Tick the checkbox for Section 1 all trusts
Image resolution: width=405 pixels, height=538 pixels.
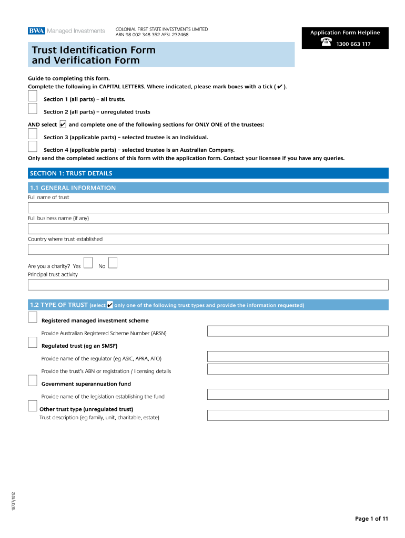tap(33, 96)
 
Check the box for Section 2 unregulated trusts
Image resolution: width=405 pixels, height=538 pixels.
tap(33, 109)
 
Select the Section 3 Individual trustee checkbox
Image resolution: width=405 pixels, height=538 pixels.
tap(33, 134)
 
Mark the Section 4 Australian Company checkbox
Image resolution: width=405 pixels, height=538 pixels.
tap(33, 147)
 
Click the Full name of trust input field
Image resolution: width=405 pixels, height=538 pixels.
tap(208, 208)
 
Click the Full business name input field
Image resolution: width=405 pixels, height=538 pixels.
tap(208, 229)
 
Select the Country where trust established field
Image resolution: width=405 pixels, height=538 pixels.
tap(208, 249)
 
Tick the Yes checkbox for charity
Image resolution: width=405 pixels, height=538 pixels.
tap(88, 262)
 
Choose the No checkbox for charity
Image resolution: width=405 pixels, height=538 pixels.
tap(113, 262)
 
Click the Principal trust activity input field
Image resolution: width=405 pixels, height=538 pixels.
tap(208, 285)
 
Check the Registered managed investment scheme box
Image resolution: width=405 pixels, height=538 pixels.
tap(33, 317)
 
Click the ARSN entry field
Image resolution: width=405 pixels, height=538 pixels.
tap(298, 331)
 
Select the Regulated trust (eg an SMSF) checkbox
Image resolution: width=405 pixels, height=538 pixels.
tap(33, 343)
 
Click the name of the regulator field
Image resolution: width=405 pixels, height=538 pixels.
tap(298, 356)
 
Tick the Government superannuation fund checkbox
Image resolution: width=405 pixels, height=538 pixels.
tap(33, 381)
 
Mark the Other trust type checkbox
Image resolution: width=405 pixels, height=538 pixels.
tap(33, 406)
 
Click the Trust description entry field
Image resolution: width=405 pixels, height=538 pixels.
tap(298, 415)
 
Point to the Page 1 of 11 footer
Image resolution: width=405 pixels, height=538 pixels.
tap(371, 519)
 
